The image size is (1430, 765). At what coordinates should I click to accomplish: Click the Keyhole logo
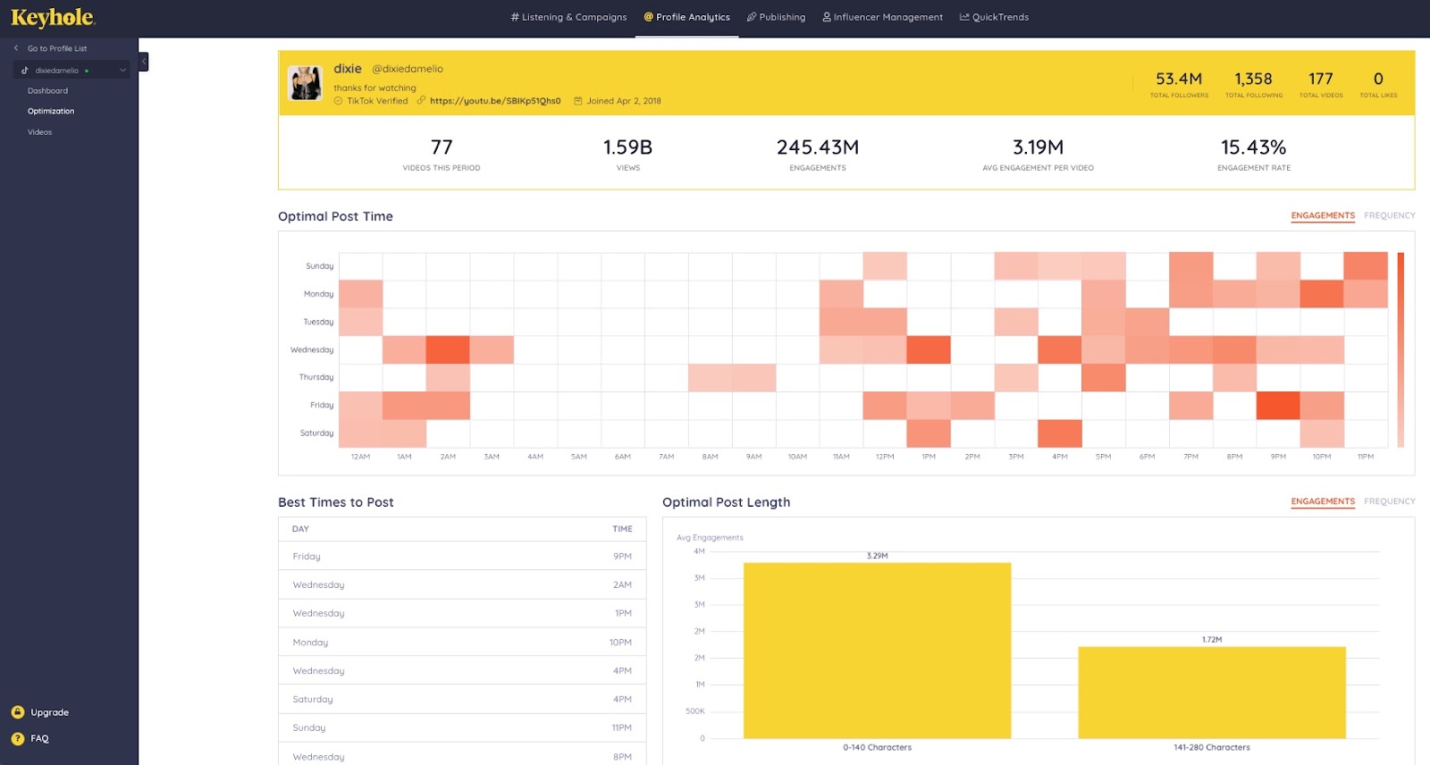[53, 18]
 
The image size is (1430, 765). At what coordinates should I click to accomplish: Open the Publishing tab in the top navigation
[776, 17]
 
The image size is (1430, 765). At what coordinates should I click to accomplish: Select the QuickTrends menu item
[994, 17]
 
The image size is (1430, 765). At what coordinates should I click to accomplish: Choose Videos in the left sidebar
[39, 132]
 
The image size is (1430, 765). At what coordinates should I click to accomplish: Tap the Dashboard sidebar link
[47, 91]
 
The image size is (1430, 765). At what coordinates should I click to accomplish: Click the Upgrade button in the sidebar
[49, 712]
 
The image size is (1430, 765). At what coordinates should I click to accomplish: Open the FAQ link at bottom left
[39, 738]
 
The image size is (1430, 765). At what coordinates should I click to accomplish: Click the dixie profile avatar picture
[305, 83]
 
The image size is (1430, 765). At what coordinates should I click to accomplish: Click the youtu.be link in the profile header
[495, 101]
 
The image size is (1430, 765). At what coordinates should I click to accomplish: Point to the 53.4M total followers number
[1178, 80]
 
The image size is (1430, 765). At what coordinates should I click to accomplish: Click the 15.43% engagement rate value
[1253, 147]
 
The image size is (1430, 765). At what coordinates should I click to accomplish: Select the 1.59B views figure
[627, 147]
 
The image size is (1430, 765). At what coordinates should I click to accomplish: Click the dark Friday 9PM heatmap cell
[1277, 406]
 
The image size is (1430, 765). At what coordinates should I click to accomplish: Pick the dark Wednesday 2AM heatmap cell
[448, 349]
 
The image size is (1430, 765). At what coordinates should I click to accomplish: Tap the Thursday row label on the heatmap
[315, 377]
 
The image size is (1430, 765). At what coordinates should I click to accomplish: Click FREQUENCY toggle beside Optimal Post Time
[1389, 215]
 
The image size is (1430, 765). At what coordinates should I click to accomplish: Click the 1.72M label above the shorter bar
[1211, 640]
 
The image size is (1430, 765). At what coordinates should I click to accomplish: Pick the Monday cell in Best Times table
[310, 643]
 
